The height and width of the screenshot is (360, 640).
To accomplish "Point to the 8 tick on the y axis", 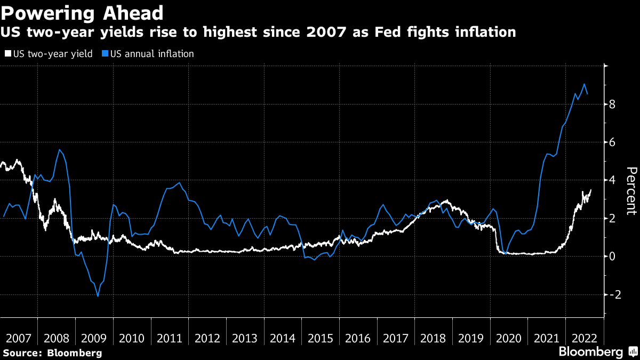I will [613, 105].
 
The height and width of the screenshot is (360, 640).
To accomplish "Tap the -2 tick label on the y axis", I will [611, 294].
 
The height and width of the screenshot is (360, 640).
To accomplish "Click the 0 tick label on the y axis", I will [613, 257].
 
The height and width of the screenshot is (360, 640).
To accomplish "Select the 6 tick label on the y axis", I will [613, 142].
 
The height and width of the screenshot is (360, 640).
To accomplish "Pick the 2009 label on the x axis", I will [94, 338].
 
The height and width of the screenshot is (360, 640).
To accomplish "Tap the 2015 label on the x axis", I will [321, 338].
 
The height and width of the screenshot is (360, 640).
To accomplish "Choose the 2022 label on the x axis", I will [585, 338].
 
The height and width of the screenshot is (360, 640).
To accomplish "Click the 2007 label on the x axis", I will [19, 338].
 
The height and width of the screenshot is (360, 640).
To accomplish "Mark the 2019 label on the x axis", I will [471, 338].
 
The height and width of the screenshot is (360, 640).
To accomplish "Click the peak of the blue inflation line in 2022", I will [585, 84].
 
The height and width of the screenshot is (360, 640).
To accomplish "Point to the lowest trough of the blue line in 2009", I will [98, 296].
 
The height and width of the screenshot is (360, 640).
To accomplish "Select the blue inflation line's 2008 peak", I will [59, 149].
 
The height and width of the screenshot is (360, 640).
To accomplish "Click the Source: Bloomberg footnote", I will [52, 353].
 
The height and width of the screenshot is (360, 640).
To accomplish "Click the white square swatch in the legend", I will [8, 54].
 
